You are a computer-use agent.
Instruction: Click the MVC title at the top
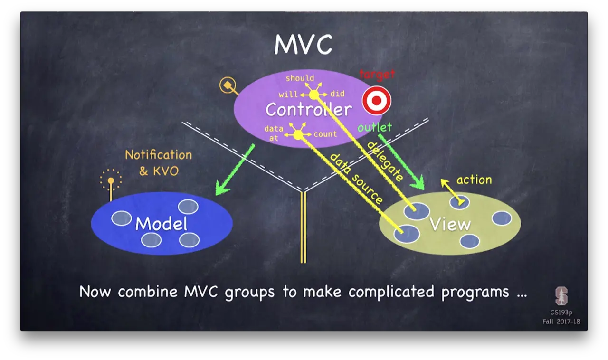(303, 45)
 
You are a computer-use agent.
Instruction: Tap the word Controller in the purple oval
(308, 110)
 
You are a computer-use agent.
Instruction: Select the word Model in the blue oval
(161, 224)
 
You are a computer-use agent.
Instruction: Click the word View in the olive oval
(450, 224)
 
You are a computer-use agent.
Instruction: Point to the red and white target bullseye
(377, 101)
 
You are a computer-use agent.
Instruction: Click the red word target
(377, 74)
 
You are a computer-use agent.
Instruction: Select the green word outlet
(375, 127)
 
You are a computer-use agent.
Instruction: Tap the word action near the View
(474, 180)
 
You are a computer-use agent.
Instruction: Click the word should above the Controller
(300, 78)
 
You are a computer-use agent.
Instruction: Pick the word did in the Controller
(337, 94)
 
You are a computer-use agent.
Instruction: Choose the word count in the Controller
(325, 134)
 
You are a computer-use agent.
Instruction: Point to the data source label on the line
(356, 178)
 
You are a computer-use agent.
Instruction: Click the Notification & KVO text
(159, 162)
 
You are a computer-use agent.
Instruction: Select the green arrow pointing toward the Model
(235, 170)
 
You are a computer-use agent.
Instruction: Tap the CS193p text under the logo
(561, 313)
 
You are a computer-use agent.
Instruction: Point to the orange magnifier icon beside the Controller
(228, 86)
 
